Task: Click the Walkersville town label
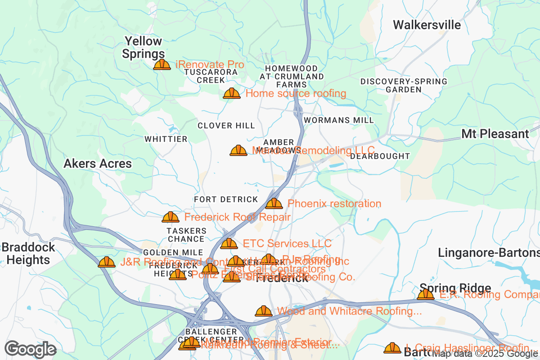click(427, 25)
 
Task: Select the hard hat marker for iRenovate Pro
click(162, 65)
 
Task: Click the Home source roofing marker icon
click(232, 94)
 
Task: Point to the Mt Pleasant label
click(495, 134)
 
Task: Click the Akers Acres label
click(98, 163)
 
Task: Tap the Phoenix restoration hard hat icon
click(274, 204)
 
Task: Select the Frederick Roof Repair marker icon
click(171, 217)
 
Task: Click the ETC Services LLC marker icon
click(229, 244)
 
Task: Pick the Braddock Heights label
click(28, 253)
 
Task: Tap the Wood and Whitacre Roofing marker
click(264, 311)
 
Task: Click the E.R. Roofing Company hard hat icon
click(426, 295)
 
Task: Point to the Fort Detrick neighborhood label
click(226, 199)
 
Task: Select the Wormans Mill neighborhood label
click(338, 120)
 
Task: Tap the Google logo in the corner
click(30, 349)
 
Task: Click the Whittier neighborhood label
click(166, 139)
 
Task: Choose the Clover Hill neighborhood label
click(226, 126)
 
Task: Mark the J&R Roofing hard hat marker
click(107, 262)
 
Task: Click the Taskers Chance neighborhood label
click(186, 234)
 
